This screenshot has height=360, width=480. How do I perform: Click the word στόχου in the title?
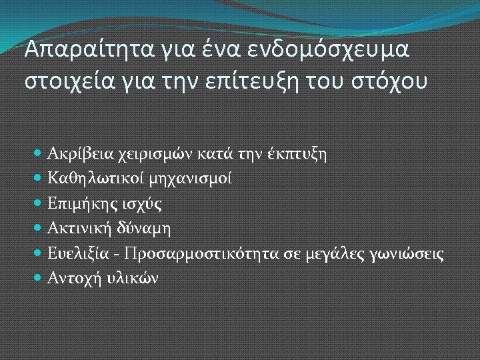[394, 83]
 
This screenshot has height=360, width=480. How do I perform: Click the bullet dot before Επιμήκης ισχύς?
[39, 204]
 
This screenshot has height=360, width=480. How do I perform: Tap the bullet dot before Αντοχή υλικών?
[39, 279]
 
